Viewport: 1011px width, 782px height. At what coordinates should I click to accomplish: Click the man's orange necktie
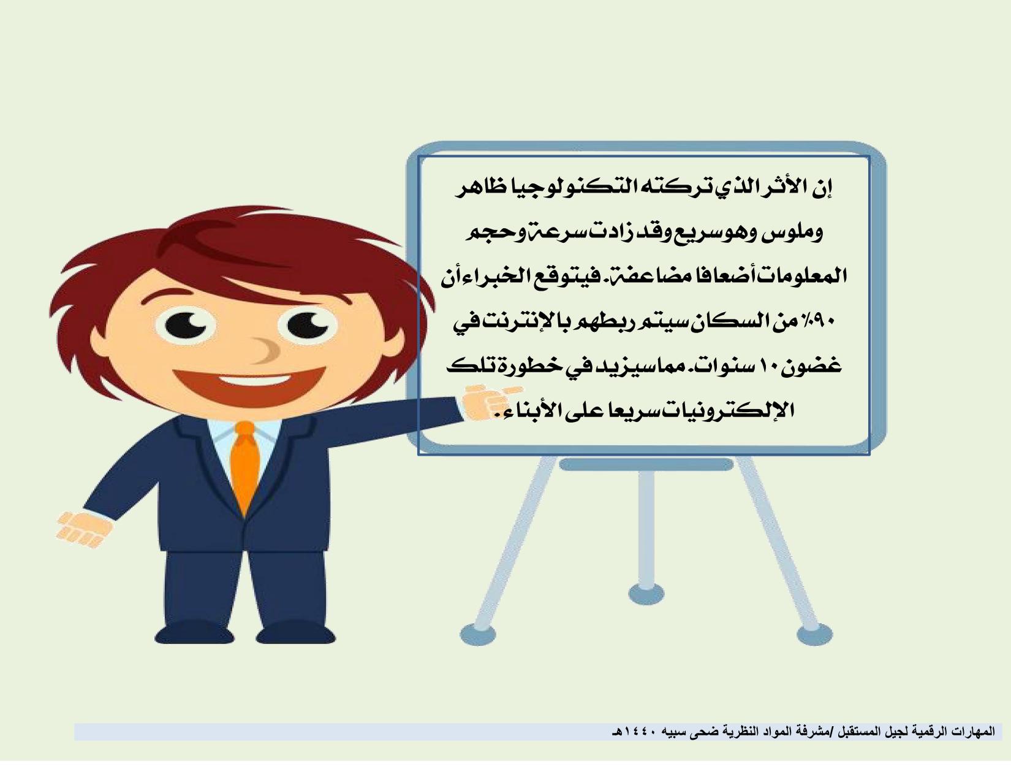pos(245,466)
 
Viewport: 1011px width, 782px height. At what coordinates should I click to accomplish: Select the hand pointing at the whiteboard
pos(488,402)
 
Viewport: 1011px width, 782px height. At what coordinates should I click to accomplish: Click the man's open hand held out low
pos(84,528)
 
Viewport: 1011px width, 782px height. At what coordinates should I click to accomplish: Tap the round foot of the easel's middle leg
pos(646,593)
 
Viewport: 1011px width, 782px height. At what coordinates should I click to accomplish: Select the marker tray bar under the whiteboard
pos(646,464)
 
